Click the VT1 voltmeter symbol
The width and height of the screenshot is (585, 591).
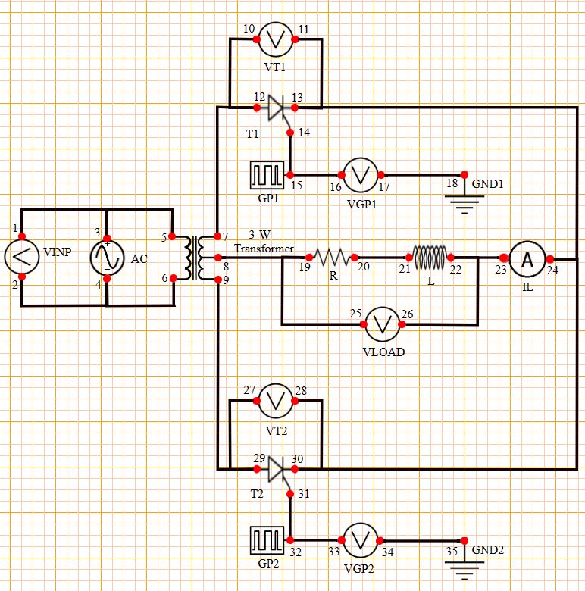[x=276, y=39]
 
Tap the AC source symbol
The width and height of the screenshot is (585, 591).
[x=107, y=258]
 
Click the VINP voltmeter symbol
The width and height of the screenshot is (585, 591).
[x=21, y=258]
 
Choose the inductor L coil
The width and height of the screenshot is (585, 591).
[x=430, y=258]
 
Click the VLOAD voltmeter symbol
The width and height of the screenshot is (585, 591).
[x=383, y=324]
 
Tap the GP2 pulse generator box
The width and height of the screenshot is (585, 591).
[x=267, y=540]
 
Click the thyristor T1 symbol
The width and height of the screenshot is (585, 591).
[x=276, y=108]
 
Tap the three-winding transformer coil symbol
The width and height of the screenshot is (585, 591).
[x=196, y=258]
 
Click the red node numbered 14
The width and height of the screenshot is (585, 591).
[x=291, y=132]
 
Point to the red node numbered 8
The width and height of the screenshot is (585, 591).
[x=218, y=258]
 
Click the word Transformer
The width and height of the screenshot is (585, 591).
[x=264, y=248]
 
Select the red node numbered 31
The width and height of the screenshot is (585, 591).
[x=291, y=493]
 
